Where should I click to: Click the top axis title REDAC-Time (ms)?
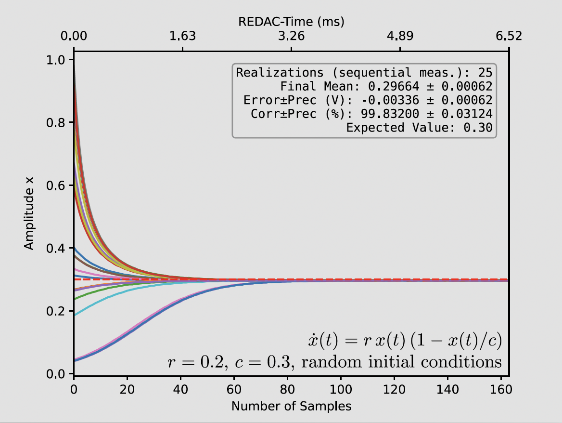[x=291, y=22]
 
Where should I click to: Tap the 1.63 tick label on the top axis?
[x=182, y=36]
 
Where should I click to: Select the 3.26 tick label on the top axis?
[x=291, y=36]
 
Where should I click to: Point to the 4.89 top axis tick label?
[x=400, y=36]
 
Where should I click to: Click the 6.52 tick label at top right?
[x=509, y=36]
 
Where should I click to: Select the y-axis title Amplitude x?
[x=29, y=213]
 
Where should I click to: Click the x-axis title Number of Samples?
[x=291, y=406]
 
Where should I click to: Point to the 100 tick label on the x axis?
[x=341, y=390]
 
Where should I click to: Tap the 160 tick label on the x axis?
[x=501, y=390]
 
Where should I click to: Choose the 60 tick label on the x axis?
[x=234, y=390]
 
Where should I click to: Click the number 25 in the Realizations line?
[x=485, y=73]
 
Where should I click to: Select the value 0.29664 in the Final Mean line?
[x=393, y=86]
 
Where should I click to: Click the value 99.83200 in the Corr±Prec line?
[x=390, y=114]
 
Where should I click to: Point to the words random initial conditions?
[x=401, y=362]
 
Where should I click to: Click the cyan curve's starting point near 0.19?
[x=74, y=316]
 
